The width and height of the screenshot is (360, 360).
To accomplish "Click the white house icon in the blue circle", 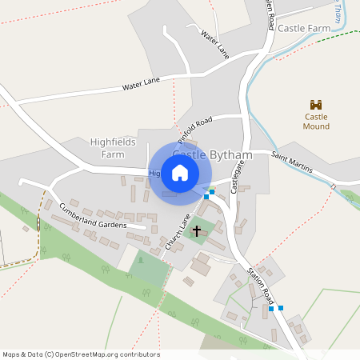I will (180, 173).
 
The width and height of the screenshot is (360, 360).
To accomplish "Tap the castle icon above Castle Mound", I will (316, 105).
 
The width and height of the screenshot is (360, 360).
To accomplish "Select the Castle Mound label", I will (316, 122).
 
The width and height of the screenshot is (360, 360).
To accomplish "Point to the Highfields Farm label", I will (113, 148).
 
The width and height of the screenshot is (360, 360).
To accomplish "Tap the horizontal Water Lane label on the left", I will (141, 82).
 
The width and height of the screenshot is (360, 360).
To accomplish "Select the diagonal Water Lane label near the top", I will (215, 44).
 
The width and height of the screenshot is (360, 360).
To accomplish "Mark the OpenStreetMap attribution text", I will (82, 354).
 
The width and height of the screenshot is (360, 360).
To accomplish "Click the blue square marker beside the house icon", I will (207, 195).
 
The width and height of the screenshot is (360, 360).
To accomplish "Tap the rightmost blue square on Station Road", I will (280, 307).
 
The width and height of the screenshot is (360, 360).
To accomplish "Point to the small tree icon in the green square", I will (141, 259).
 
